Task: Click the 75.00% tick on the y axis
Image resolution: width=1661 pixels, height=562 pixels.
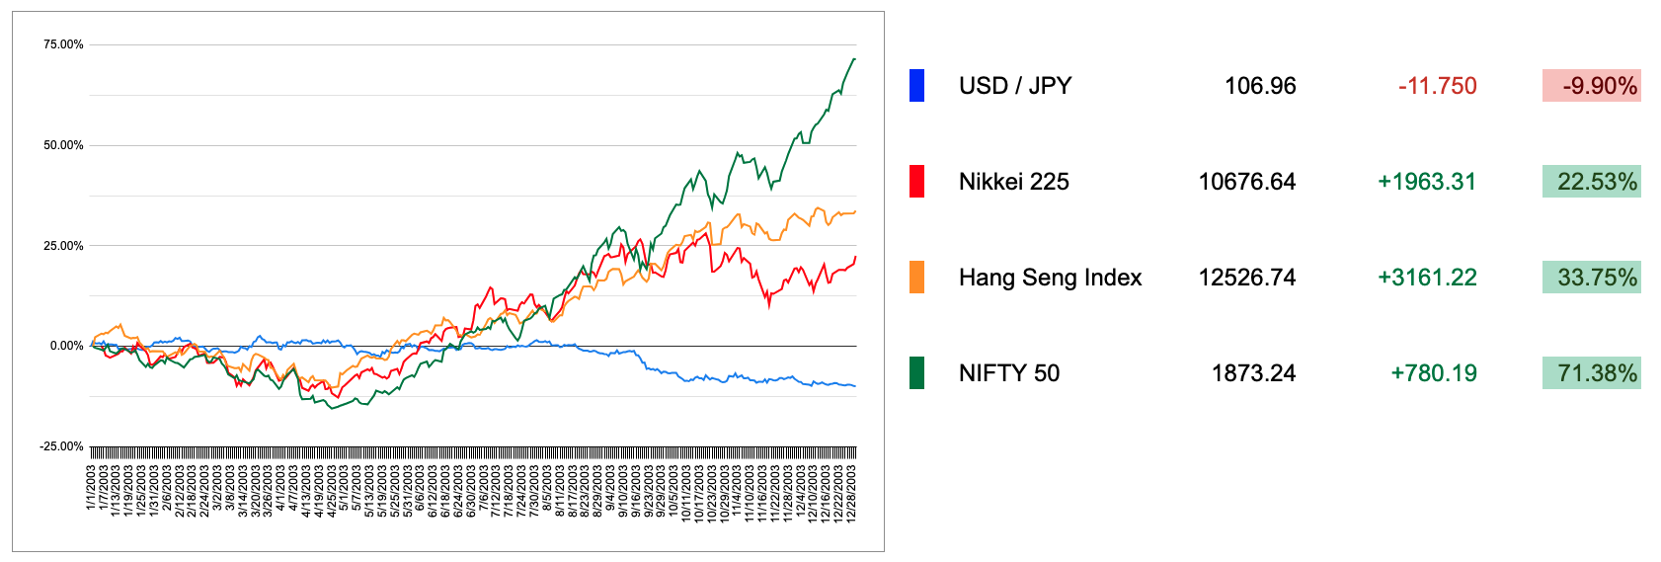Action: point(63,44)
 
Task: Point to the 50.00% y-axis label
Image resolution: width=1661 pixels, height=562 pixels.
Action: point(63,145)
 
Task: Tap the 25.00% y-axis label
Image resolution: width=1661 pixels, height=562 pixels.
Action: point(63,246)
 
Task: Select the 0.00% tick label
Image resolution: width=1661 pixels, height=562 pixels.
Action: point(66,346)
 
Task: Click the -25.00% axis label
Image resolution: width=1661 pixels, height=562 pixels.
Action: point(61,446)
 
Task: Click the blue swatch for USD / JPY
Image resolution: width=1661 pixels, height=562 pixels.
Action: point(916,86)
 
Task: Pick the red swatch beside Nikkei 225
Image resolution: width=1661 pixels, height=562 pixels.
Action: point(916,182)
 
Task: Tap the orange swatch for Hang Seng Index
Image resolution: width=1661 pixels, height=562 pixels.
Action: point(916,278)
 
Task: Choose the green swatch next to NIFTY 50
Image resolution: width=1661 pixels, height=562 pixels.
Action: point(916,373)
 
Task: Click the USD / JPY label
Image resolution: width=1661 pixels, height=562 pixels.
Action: point(1014,86)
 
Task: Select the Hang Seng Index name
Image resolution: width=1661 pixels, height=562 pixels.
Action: point(1050,278)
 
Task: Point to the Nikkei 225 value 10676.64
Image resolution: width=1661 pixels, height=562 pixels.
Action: point(1246,182)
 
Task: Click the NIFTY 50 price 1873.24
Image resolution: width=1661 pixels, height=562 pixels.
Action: point(1253,373)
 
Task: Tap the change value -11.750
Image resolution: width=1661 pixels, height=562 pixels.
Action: point(1437,86)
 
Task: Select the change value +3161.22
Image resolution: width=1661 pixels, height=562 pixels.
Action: point(1427,278)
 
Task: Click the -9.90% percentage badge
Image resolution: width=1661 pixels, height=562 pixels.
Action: point(1591,86)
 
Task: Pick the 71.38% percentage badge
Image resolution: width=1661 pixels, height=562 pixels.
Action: point(1591,373)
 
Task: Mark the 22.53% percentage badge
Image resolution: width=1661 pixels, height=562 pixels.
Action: point(1591,182)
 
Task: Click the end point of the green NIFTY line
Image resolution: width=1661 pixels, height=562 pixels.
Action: point(854,59)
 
